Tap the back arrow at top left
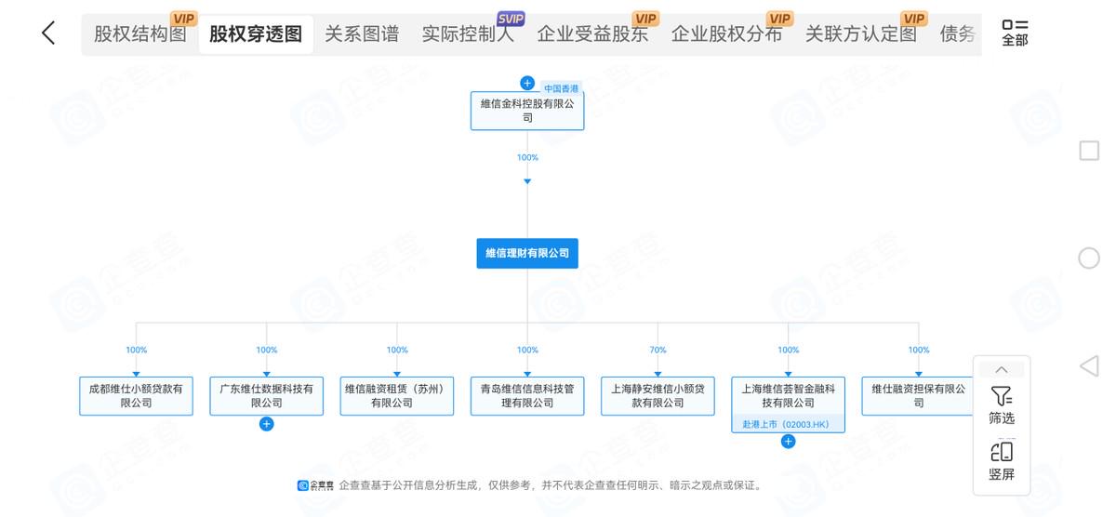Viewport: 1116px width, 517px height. tap(48, 33)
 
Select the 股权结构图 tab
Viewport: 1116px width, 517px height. tap(140, 34)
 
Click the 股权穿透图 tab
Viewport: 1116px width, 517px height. tap(256, 34)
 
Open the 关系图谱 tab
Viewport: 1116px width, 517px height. tap(362, 34)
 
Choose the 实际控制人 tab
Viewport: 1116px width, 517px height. tap(468, 34)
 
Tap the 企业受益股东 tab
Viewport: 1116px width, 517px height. tap(592, 34)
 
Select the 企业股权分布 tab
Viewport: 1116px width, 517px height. tap(726, 34)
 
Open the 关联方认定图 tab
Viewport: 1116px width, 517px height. tap(860, 34)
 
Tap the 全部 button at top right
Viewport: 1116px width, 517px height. tap(1015, 33)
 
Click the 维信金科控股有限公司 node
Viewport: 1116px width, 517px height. tap(527, 111)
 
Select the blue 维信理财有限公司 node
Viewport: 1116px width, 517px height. tap(527, 253)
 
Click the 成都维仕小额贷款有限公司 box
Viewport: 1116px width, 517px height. tap(137, 395)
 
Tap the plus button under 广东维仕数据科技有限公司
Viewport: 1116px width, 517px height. tap(267, 424)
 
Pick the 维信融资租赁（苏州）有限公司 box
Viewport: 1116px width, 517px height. tap(397, 395)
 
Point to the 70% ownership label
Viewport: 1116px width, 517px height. tap(658, 351)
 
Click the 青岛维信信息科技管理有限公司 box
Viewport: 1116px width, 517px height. tap(527, 395)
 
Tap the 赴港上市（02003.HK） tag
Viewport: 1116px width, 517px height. tap(788, 424)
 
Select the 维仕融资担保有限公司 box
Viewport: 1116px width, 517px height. tap(918, 395)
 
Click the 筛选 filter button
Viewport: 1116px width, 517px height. tap(1002, 405)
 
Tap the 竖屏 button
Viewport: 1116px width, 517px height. tap(1002, 461)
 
